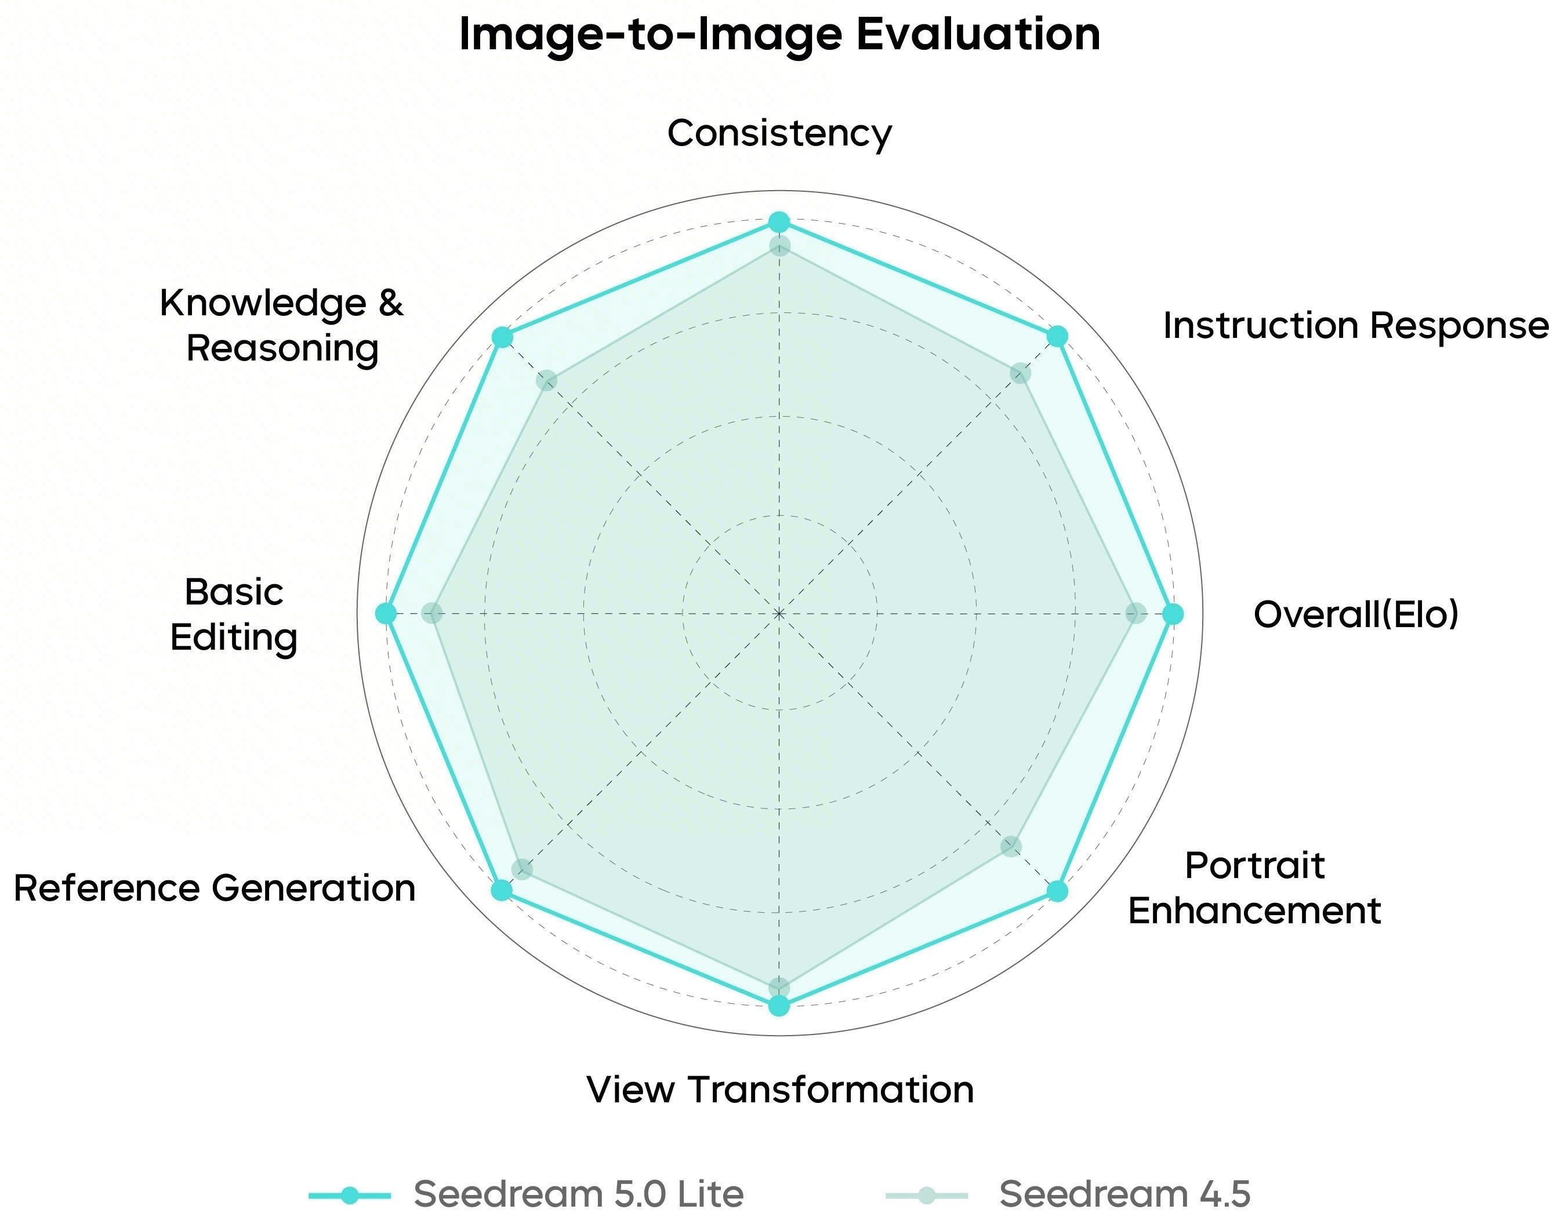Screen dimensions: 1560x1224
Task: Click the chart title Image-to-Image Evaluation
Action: [x=779, y=34]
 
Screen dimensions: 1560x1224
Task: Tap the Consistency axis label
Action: [x=779, y=134]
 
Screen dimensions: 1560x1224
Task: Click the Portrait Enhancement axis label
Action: [x=1254, y=888]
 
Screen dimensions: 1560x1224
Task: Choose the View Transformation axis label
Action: [x=780, y=1090]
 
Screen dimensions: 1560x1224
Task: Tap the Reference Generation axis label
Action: [x=215, y=888]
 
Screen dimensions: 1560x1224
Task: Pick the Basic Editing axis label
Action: [x=234, y=615]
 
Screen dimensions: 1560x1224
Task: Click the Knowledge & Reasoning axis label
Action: [x=282, y=326]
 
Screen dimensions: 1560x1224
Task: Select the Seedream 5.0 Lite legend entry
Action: [x=527, y=1194]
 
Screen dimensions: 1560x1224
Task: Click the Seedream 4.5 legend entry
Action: [x=1068, y=1194]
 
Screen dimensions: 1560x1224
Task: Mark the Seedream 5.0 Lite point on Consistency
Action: [x=779, y=222]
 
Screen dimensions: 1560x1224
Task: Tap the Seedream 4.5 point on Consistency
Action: [x=779, y=246]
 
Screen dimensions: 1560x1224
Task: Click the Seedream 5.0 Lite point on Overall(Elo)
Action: [x=1172, y=614]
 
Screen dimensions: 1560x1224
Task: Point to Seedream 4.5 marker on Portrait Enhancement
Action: [x=1011, y=846]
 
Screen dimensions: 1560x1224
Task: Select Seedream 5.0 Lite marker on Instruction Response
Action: [x=1057, y=336]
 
